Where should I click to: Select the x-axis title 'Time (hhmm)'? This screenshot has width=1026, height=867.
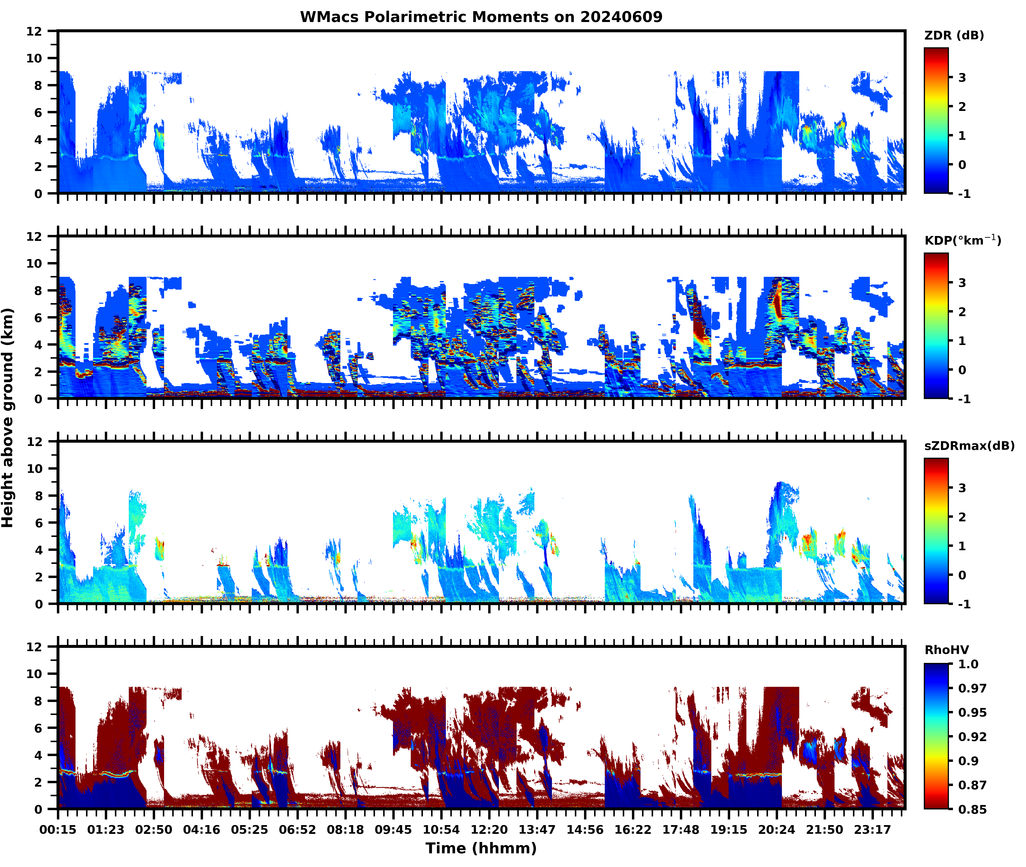pyautogui.click(x=481, y=848)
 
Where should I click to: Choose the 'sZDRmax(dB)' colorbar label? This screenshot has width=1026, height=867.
pyautogui.click(x=969, y=446)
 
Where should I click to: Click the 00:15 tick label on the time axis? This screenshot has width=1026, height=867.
pyautogui.click(x=58, y=830)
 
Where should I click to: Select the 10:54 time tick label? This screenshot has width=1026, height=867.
pyautogui.click(x=441, y=830)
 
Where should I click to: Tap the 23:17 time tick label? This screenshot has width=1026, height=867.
pyautogui.click(x=872, y=830)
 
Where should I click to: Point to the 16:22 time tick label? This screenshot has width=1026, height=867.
pyautogui.click(x=633, y=830)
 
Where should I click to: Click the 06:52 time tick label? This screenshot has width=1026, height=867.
pyautogui.click(x=298, y=830)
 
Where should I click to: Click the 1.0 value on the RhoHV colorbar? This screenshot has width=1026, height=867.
pyautogui.click(x=968, y=664)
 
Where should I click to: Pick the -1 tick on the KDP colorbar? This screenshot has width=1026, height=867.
pyautogui.click(x=964, y=399)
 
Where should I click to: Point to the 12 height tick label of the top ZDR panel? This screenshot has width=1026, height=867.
pyautogui.click(x=34, y=31)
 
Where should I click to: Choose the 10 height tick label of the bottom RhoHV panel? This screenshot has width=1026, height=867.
pyautogui.click(x=34, y=674)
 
